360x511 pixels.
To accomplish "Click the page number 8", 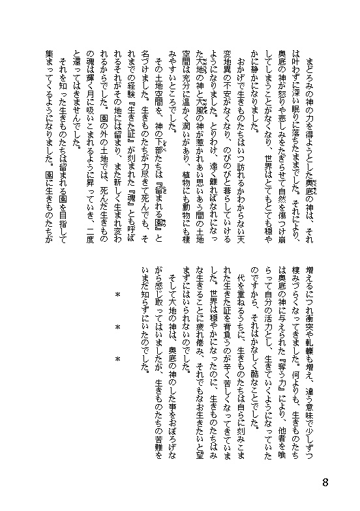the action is pos(344,482).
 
